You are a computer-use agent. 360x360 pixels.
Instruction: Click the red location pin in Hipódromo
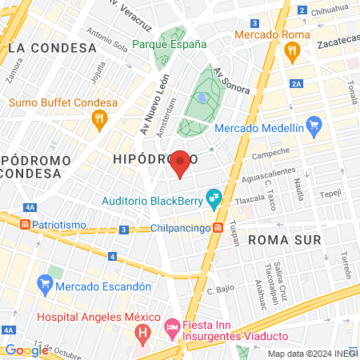181,162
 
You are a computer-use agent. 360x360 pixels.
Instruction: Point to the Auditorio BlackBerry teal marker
214,196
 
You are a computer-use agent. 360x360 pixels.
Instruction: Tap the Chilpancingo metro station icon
218,228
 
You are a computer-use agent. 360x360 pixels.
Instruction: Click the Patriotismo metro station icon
25,225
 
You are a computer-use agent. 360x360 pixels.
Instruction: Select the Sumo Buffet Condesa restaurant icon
100,121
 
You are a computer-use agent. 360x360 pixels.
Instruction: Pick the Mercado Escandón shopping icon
45,283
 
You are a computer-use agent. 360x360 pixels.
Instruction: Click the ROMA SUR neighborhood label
284,239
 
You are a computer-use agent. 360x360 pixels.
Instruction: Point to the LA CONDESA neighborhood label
52,48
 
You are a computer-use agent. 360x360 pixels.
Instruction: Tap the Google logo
26,350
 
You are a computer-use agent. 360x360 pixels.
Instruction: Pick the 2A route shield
298,82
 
